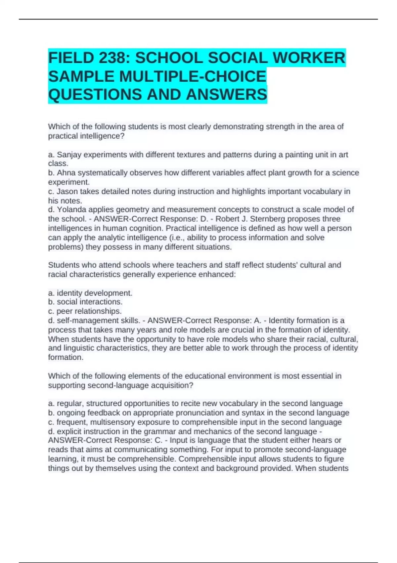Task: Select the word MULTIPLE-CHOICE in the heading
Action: (193, 77)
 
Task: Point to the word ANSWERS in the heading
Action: (227, 95)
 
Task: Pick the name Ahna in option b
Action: (66, 173)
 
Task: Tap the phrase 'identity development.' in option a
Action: (94, 293)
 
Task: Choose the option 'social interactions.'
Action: (90, 302)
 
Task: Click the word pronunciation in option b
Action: (205, 413)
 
